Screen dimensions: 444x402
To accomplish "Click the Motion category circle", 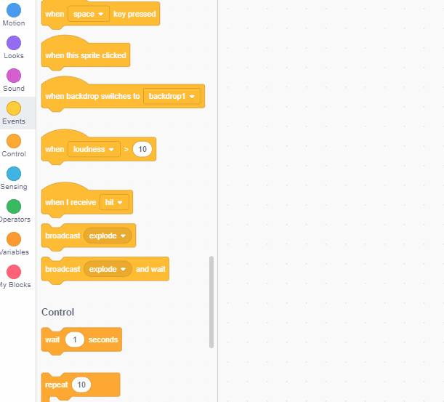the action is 14,10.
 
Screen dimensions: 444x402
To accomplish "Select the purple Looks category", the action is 14,43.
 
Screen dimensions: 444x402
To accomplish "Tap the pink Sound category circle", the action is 14,76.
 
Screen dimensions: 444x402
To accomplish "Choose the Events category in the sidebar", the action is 14,108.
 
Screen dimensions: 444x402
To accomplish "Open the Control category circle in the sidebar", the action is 14,141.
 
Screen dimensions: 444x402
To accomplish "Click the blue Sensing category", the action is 14,174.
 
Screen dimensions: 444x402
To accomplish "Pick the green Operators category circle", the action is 14,206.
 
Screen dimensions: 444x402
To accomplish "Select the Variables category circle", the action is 14,239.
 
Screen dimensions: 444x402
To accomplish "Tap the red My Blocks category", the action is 14,272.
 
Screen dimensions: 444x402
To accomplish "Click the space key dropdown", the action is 88,14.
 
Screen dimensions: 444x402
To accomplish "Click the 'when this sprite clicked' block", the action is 85,55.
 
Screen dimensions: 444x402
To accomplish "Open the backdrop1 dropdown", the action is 172,96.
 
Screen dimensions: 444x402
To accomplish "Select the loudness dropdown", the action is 94,149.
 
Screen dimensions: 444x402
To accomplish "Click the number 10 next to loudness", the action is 143,149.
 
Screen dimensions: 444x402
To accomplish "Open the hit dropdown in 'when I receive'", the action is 114,202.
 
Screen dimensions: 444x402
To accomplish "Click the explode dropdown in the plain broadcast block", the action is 108,236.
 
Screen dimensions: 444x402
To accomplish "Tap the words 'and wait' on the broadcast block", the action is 150,269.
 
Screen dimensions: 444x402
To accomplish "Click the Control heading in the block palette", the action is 57,312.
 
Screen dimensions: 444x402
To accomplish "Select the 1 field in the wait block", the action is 75,339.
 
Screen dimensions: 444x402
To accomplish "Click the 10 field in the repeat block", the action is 81,385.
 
